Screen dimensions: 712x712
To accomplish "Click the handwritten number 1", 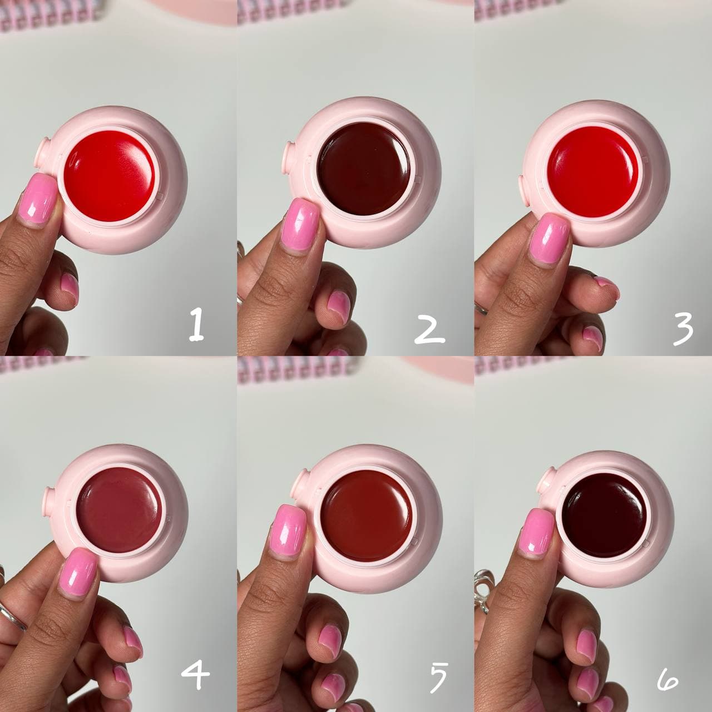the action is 196,325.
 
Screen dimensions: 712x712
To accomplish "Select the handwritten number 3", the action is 683,329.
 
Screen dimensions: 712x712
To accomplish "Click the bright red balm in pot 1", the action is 110,176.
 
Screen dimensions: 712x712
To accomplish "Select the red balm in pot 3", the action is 592,171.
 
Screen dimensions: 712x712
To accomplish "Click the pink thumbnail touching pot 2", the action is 300,225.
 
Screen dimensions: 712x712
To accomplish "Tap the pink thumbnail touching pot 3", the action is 550,241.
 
